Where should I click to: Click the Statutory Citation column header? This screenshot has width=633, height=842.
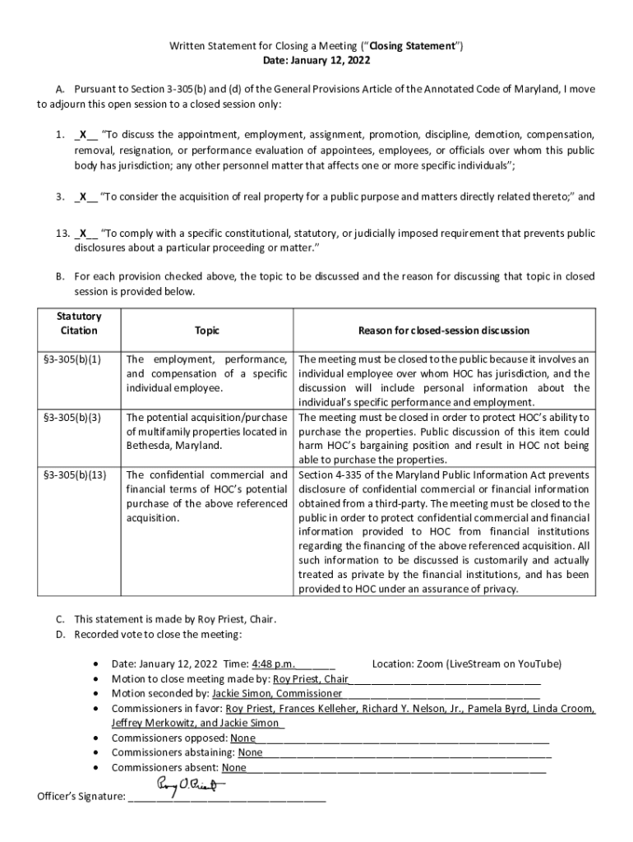(x=79, y=323)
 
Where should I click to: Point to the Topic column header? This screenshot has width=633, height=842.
(x=207, y=331)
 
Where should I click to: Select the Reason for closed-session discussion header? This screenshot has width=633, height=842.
(x=443, y=331)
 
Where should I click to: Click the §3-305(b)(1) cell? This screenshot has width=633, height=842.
(x=79, y=360)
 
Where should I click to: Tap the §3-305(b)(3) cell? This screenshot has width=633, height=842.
(x=79, y=418)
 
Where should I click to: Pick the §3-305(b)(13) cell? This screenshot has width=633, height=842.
(x=81, y=475)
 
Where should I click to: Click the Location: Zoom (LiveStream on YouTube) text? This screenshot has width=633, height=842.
(x=467, y=664)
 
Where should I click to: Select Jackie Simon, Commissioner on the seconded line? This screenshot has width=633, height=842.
(x=271, y=693)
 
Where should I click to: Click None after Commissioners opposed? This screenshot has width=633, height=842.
(x=243, y=738)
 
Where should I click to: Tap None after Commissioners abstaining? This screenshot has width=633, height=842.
(x=250, y=752)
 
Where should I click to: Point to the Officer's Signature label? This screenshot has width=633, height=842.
(x=81, y=797)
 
